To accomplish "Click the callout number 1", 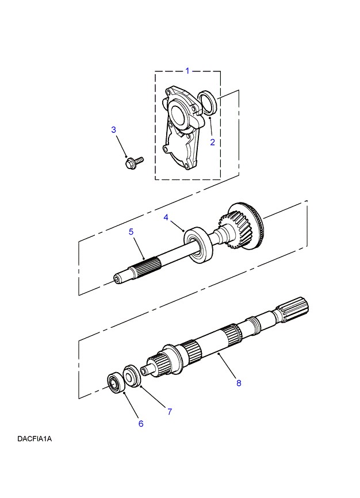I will tap(187, 71).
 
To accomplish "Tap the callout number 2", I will tap(212, 142).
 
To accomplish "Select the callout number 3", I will tap(113, 130).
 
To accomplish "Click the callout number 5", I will tap(131, 231).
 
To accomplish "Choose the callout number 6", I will tap(140, 424).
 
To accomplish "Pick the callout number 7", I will tap(170, 411).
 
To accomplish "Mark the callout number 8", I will tap(239, 384).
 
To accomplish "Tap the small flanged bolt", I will tap(133, 162).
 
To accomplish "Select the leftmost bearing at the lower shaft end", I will tap(117, 384).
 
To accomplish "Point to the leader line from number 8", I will tap(228, 370).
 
